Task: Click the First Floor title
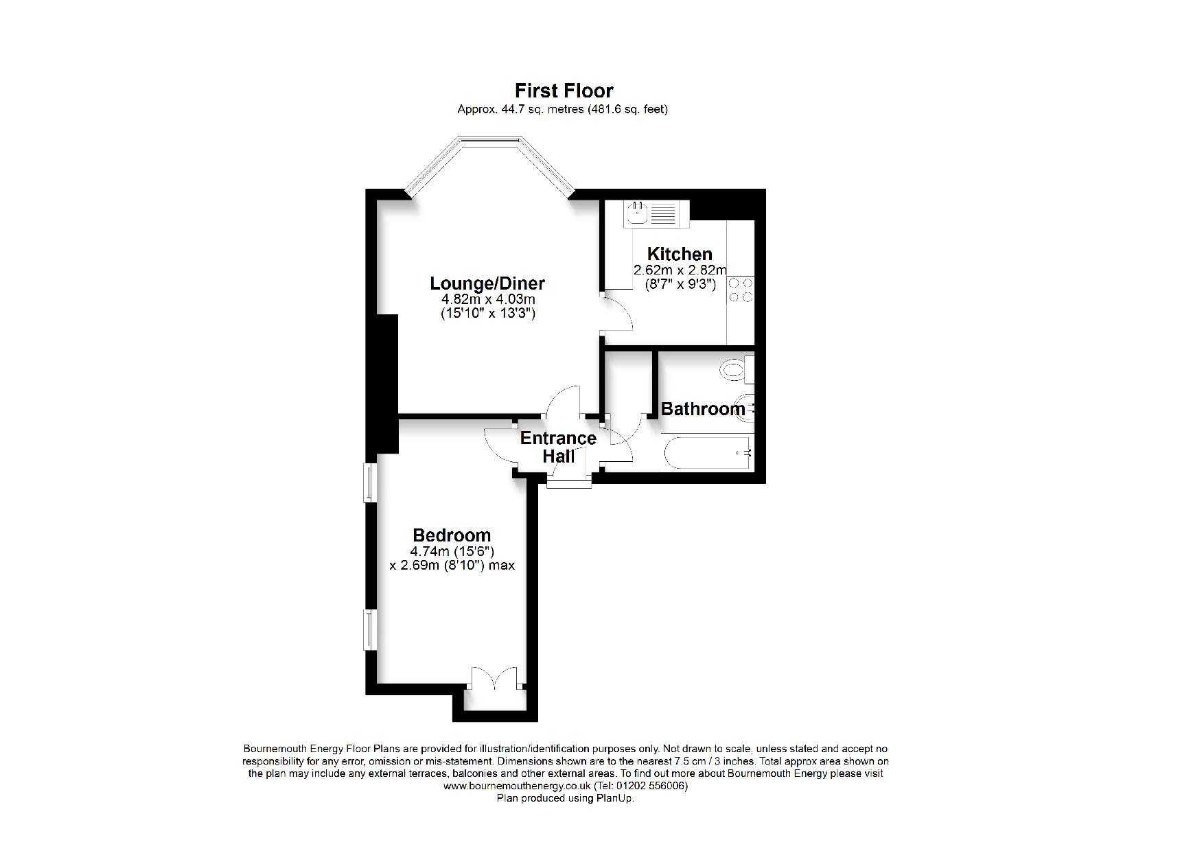[x=564, y=91]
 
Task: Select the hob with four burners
[x=741, y=290]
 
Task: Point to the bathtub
[x=708, y=453]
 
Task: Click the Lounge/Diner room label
[x=487, y=283]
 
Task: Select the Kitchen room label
[x=680, y=253]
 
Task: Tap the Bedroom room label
[x=452, y=535]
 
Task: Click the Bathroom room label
[x=702, y=409]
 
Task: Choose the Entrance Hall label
[x=558, y=447]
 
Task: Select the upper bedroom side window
[x=369, y=482]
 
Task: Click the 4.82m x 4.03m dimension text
[x=487, y=300]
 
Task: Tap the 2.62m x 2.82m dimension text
[x=680, y=270]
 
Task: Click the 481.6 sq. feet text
[x=627, y=109]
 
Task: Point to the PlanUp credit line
[x=565, y=798]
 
